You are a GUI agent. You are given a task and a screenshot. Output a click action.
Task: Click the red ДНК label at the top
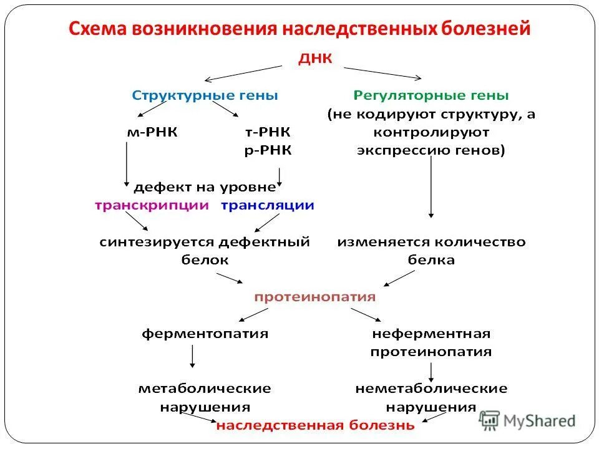coord(317,58)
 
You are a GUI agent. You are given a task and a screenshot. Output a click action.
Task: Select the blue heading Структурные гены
coord(205,95)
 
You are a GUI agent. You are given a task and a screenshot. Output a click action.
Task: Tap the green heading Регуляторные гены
coord(431,95)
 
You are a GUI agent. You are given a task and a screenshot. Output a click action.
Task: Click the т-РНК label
coord(267,132)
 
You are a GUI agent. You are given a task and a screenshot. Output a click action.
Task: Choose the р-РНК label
coord(267,150)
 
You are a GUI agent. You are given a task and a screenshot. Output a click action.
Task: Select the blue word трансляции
coord(267,205)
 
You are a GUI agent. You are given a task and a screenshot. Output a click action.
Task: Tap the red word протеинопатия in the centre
coord(314,297)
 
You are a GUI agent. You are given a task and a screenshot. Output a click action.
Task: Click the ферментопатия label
coord(205,334)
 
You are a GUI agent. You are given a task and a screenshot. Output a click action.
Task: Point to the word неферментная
coord(431,334)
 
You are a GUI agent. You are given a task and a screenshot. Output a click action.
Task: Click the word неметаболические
coord(431,389)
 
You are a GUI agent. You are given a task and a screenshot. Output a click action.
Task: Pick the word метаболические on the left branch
coord(205,389)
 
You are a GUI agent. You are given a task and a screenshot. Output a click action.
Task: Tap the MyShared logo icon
coord(490,421)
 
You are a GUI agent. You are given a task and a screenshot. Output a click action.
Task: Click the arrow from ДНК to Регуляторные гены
coord(382,72)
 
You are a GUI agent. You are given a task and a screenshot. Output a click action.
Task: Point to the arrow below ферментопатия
coord(192,356)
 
